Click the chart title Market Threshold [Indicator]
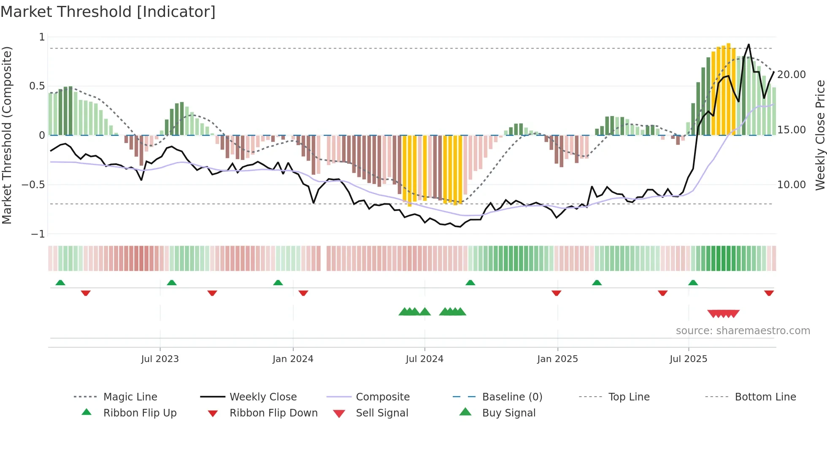click(108, 12)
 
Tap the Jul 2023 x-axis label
click(160, 359)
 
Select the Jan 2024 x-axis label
click(293, 359)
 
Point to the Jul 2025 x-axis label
click(688, 359)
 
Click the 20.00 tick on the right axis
click(791, 75)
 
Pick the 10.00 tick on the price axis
click(791, 185)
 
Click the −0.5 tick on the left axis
click(33, 185)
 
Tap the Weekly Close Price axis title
click(820, 135)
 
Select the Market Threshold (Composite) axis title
click(7, 135)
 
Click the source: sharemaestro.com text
click(743, 331)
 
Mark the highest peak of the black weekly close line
click(749, 45)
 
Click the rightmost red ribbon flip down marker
click(769, 293)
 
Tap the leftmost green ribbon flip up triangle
click(60, 283)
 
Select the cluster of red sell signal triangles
click(723, 314)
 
